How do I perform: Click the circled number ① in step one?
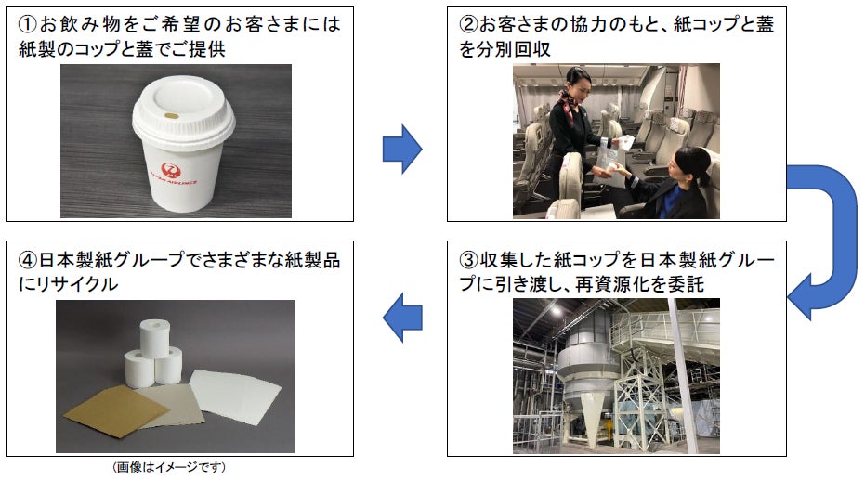pos(28,24)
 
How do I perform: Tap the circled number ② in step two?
pos(468,24)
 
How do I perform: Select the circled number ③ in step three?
pos(468,259)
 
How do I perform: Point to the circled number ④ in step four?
pos(28,259)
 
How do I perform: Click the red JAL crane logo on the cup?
pos(170,169)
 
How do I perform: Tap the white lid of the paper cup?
pos(183,115)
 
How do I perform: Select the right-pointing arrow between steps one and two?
pos(402,149)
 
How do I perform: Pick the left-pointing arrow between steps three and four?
pos(402,318)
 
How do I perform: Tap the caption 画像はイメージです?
pos(169,467)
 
